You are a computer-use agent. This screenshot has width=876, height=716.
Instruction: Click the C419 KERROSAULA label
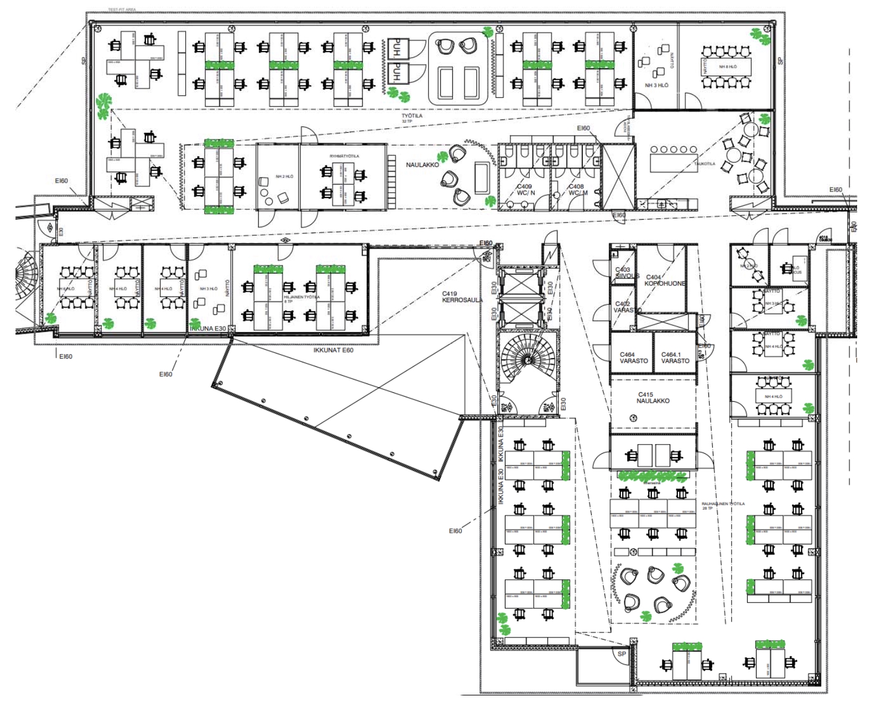pos(462,297)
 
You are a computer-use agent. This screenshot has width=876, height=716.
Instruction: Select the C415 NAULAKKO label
pos(653,398)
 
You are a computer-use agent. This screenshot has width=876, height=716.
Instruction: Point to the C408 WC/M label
pos(577,190)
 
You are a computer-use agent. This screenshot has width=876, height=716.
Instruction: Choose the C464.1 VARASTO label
pos(675,358)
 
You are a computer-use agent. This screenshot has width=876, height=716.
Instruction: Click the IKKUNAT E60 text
pos(333,350)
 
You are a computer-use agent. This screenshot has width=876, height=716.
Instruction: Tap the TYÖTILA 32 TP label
pos(411,118)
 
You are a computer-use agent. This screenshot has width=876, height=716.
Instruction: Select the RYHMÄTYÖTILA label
pos(344,157)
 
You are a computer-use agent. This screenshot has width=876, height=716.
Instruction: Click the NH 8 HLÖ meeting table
pos(727,67)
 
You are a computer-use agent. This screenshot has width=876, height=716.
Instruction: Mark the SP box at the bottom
pos(622,654)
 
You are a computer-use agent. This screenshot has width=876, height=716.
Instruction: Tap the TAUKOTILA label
pos(704,164)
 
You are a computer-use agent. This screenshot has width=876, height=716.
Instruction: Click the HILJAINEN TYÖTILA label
pos(301,298)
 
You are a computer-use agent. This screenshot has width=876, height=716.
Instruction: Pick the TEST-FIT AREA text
pos(122,10)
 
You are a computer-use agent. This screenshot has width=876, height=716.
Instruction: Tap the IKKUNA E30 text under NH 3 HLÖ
pos(208,329)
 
